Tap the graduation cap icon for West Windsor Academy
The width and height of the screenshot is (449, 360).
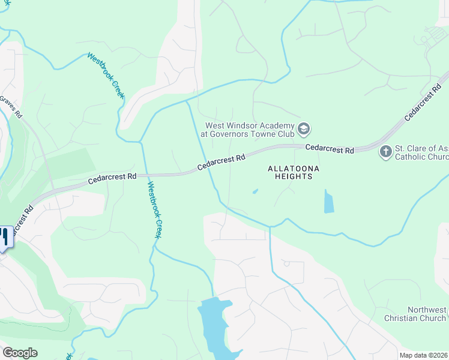click(x=304, y=129)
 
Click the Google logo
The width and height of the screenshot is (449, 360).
click(x=20, y=353)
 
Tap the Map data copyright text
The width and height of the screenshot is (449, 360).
click(x=424, y=355)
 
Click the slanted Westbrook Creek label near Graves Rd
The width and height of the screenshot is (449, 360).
click(x=106, y=75)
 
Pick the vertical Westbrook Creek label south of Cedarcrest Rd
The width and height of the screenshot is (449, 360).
click(x=153, y=210)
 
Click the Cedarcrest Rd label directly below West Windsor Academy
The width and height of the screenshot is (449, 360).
click(x=221, y=161)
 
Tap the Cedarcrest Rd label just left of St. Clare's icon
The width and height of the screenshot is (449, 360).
click(x=329, y=148)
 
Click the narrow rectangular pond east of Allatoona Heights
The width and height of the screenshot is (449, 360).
click(x=328, y=202)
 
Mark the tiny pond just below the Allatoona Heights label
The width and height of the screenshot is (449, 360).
click(x=256, y=192)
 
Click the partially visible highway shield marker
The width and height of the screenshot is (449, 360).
click(x=5, y=237)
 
